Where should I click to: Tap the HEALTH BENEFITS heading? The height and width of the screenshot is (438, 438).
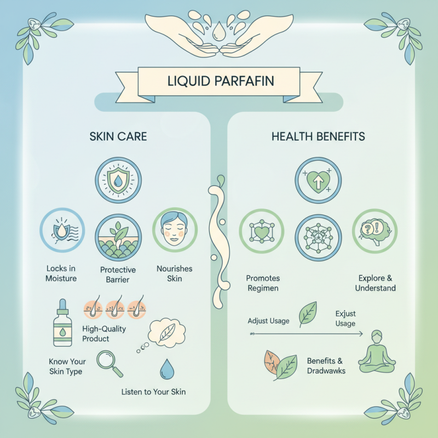click(x=318, y=136)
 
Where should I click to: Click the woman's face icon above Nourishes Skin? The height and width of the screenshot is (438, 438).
click(x=175, y=230)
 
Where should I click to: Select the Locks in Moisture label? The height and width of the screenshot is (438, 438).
click(x=62, y=274)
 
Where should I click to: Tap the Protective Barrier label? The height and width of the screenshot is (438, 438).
click(x=118, y=274)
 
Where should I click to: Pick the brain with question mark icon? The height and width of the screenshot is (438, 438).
click(x=374, y=230)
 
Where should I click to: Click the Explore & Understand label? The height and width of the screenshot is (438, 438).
click(x=375, y=283)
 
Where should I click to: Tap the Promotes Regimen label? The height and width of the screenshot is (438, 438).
click(x=262, y=283)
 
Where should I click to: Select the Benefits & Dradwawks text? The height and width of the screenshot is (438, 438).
click(x=325, y=366)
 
